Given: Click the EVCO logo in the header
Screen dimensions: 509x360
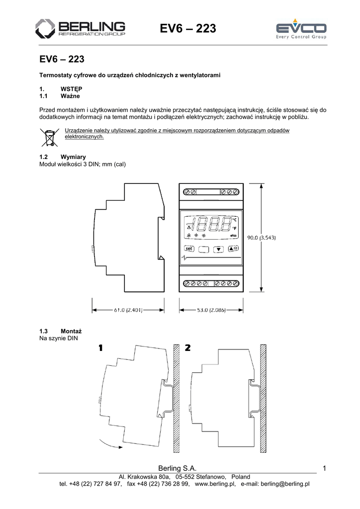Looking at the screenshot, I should coord(301,30).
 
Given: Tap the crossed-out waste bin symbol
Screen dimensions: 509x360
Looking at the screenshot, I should coord(49,137).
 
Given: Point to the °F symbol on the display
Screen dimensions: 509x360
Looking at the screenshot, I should coord(234,228).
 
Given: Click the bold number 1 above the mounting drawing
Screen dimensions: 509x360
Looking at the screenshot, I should coord(101,348).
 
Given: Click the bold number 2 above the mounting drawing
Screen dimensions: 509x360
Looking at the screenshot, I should coord(187,348).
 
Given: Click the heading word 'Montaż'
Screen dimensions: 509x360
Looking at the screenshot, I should coord(71,331).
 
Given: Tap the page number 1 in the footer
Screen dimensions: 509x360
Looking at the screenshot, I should coord(324,468).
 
